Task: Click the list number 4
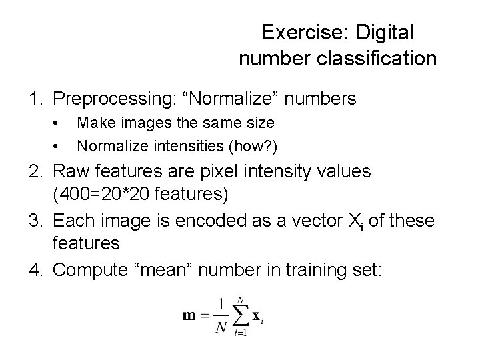(x=35, y=269)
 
